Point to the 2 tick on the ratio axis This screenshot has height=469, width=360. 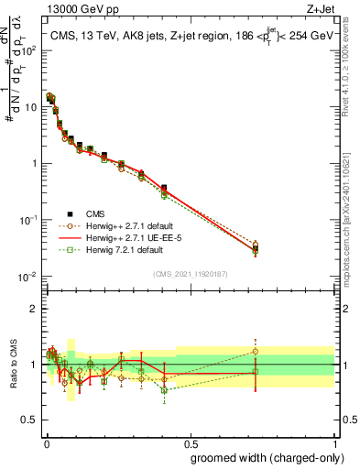pyautogui.click(x=34, y=309)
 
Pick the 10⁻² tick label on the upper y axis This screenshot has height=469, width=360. pyautogui.click(x=29, y=277)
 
